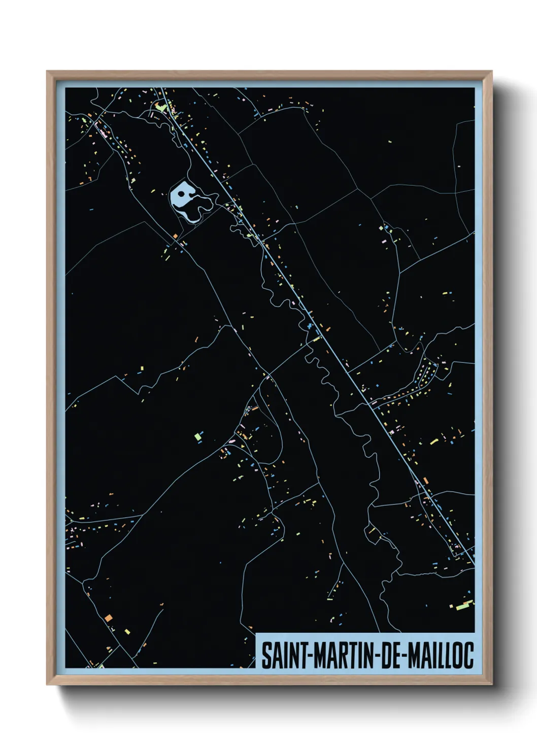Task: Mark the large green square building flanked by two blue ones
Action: click(198, 435)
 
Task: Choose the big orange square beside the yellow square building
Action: click(108, 618)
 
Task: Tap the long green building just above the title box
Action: click(463, 605)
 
